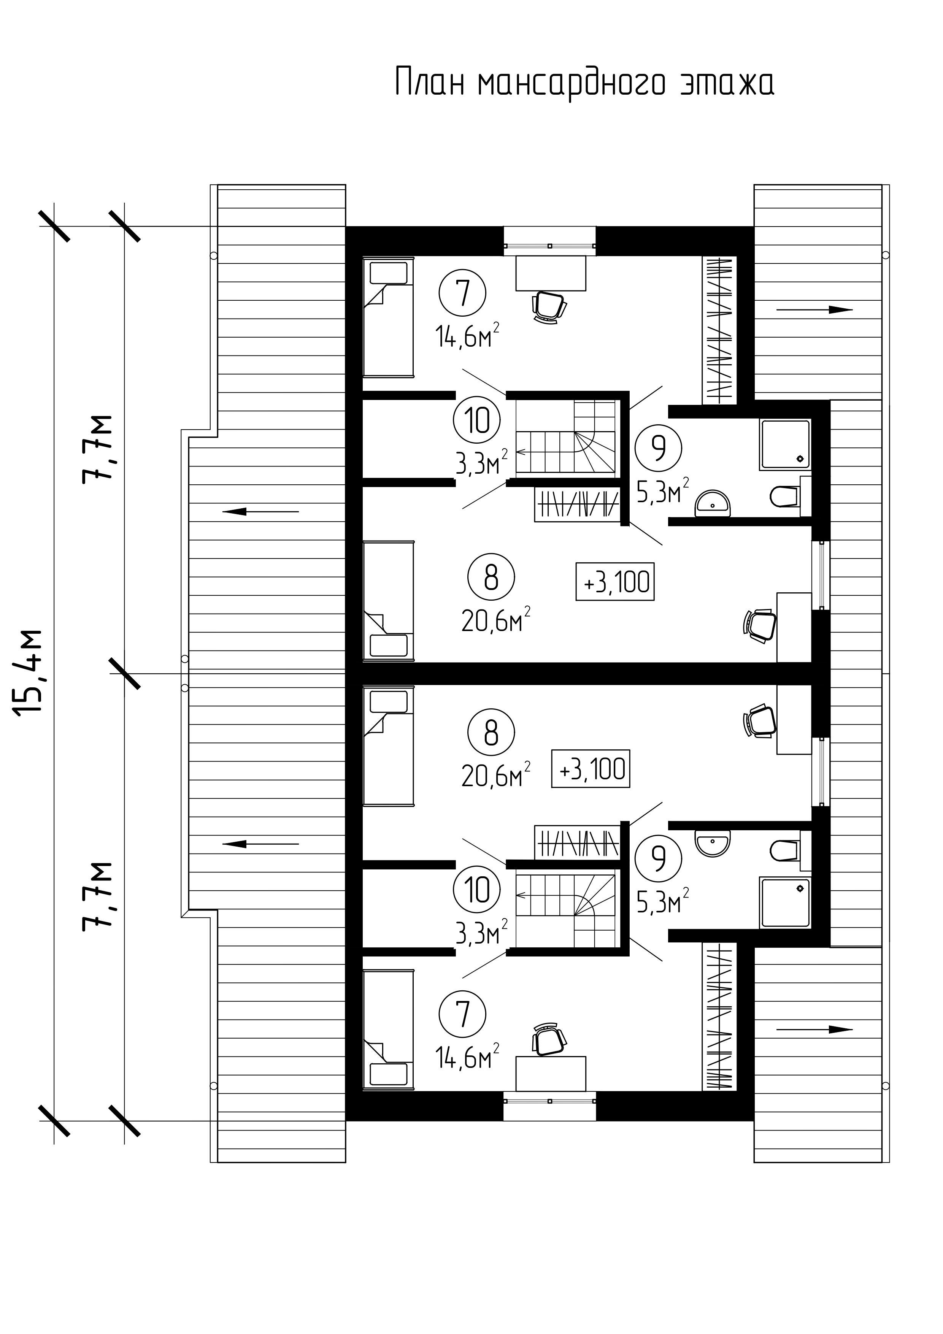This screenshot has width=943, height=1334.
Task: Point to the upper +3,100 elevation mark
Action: [615, 581]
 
